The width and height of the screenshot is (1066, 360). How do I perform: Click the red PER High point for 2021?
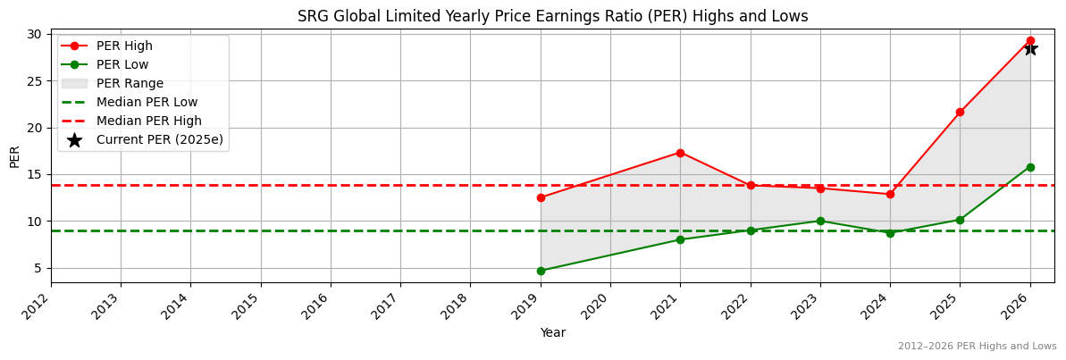pyautogui.click(x=680, y=153)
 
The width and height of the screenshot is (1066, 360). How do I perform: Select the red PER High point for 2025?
pyautogui.click(x=960, y=112)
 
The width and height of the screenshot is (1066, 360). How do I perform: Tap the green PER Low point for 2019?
pyautogui.click(x=541, y=271)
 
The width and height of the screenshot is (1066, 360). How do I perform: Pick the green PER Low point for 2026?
pyautogui.click(x=1030, y=167)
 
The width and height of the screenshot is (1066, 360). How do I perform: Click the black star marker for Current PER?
pyautogui.click(x=1030, y=48)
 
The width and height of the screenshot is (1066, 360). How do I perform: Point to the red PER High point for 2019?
pyautogui.click(x=541, y=197)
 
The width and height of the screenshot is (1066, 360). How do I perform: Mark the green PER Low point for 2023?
pyautogui.click(x=820, y=221)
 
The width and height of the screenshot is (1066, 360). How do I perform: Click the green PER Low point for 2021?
pyautogui.click(x=680, y=239)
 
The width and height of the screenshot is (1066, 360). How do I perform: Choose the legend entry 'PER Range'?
pyautogui.click(x=130, y=83)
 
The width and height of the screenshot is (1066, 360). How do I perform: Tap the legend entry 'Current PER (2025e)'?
pyautogui.click(x=159, y=139)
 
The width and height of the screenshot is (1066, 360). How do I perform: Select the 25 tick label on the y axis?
pyautogui.click(x=35, y=80)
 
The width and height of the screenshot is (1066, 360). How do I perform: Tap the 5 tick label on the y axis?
pyautogui.click(x=38, y=268)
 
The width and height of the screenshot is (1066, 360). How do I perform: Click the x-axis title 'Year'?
pyautogui.click(x=552, y=333)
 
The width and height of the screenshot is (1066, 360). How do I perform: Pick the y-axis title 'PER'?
pyautogui.click(x=14, y=155)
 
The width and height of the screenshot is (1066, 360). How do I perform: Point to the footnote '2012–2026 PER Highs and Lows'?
pyautogui.click(x=977, y=347)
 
